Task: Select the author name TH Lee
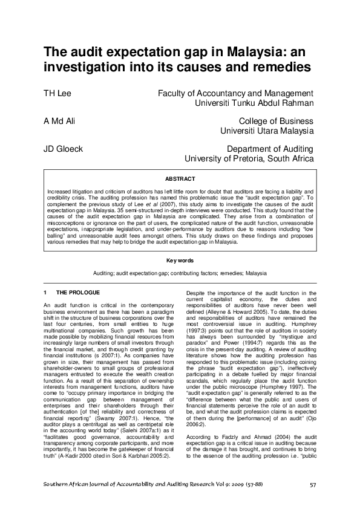tap(57, 94)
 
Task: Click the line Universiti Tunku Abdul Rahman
tap(255, 103)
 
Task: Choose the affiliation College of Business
tap(276, 121)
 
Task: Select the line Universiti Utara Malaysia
tap(267, 131)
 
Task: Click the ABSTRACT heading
tap(180, 179)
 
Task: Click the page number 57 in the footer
tap(313, 485)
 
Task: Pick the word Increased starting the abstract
tap(61, 190)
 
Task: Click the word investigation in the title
tap(87, 66)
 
